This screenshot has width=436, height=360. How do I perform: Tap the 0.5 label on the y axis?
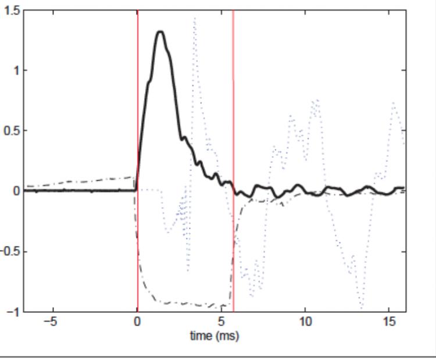[11, 131]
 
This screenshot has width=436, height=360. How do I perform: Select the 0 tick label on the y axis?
[16, 191]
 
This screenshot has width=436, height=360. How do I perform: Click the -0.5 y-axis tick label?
[9, 251]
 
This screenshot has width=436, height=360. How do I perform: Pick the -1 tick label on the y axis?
[13, 312]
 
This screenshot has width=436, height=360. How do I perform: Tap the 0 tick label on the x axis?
[137, 322]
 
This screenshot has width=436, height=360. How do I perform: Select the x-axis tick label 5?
[221, 322]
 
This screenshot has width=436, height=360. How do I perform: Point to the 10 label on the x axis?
[306, 322]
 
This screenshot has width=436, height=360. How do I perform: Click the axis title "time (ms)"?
[214, 336]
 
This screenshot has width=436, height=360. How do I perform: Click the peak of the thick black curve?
[160, 32]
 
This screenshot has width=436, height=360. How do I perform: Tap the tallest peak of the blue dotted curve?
[194, 19]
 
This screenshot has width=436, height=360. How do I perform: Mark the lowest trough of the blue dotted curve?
[362, 306]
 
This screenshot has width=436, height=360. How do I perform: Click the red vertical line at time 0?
[138, 116]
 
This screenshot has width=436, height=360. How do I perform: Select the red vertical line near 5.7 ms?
[233, 116]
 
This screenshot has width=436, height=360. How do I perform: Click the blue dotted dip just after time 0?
[168, 231]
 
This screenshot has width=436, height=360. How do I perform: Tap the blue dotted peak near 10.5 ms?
[316, 101]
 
